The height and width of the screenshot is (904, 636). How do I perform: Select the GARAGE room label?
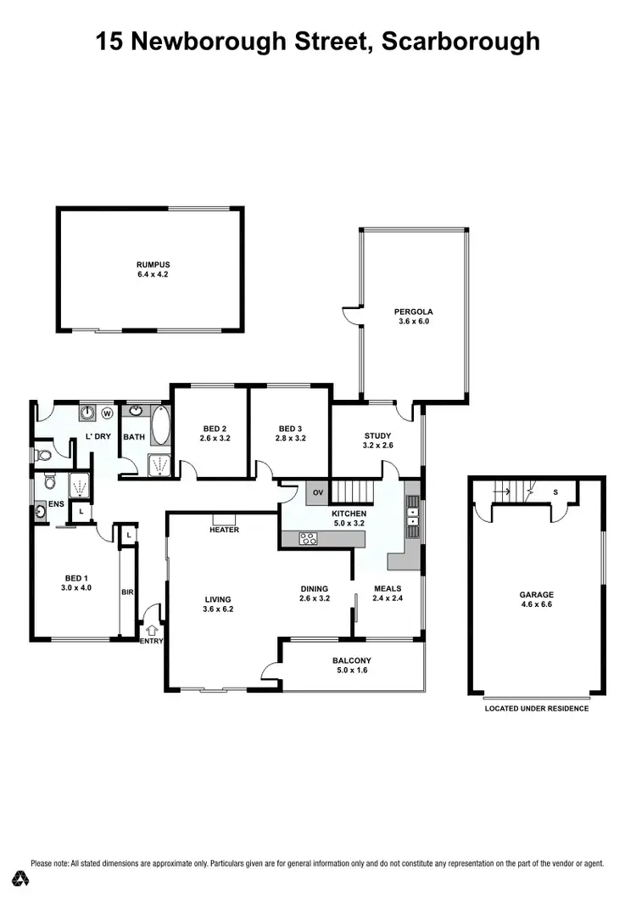pyautogui.click(x=536, y=594)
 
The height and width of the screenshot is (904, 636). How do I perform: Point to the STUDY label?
pyautogui.click(x=377, y=435)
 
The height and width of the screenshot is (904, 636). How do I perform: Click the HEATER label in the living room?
pyautogui.click(x=224, y=530)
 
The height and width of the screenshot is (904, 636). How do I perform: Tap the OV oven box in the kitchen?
pyautogui.click(x=319, y=492)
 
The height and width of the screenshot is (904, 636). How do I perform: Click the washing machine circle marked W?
pyautogui.click(x=107, y=413)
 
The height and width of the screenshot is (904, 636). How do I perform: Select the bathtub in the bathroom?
pyautogui.click(x=160, y=424)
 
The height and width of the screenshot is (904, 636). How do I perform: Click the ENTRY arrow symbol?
pyautogui.click(x=152, y=630)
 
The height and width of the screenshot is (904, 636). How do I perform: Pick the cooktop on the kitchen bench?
pyautogui.click(x=308, y=537)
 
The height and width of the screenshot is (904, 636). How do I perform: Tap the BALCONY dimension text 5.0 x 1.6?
pyautogui.click(x=352, y=671)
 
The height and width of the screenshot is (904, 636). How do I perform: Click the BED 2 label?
pyautogui.click(x=215, y=429)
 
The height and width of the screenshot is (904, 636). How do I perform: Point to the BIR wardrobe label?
pyautogui.click(x=127, y=592)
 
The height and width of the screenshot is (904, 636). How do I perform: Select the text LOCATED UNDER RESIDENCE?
pyautogui.click(x=536, y=708)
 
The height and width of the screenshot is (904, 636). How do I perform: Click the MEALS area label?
pyautogui.click(x=388, y=588)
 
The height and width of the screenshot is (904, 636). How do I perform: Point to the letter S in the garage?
pyautogui.click(x=555, y=491)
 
